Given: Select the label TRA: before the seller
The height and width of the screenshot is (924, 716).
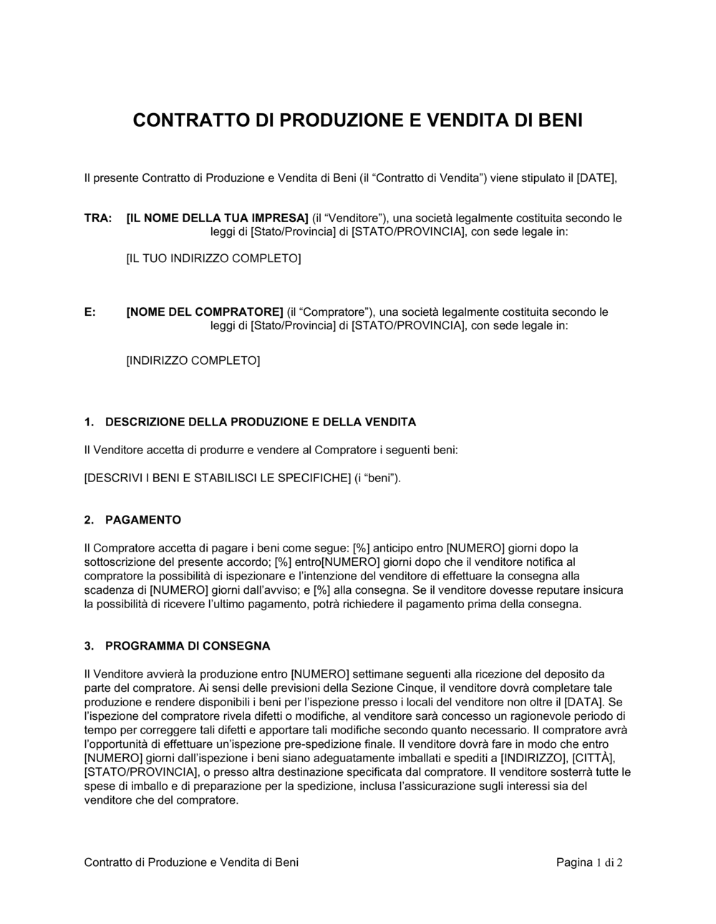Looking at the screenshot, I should [x=97, y=218].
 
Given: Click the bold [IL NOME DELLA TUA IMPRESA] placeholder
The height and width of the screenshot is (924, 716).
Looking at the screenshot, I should [x=217, y=218].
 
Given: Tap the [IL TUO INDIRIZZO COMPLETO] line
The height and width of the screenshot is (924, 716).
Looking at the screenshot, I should [x=213, y=258].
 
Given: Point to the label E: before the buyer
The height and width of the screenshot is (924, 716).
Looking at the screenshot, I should [x=90, y=312].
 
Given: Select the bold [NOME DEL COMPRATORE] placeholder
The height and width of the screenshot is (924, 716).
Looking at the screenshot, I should [x=205, y=312].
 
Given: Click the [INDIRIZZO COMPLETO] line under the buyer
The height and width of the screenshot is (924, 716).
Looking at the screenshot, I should [x=193, y=360].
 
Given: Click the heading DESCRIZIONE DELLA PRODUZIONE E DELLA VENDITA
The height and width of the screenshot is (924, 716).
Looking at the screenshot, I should [x=260, y=423].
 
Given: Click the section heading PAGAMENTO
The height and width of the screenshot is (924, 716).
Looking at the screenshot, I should [x=142, y=520].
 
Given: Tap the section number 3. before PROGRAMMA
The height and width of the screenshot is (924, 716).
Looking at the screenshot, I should [x=89, y=646].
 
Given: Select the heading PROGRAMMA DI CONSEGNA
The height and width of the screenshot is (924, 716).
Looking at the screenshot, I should [x=188, y=646].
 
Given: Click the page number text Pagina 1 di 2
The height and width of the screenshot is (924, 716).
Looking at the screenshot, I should [x=589, y=862].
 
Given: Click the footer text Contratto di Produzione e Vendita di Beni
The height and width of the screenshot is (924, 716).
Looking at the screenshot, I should [x=191, y=862].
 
